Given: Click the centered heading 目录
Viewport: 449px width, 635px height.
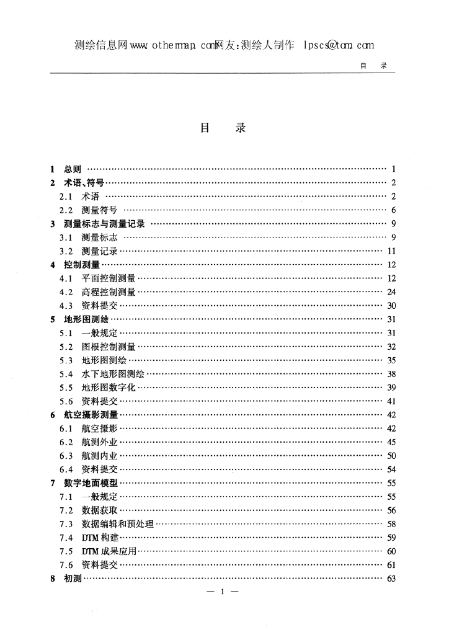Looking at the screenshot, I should [x=223, y=128].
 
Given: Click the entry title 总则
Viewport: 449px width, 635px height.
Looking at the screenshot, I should [x=73, y=169].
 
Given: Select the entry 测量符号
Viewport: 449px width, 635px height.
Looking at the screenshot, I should [x=99, y=210].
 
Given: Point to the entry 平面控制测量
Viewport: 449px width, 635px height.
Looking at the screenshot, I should [x=109, y=278].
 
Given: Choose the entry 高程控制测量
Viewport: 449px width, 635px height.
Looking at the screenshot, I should [x=109, y=291].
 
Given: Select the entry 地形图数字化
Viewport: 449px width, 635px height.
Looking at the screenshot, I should [x=109, y=388].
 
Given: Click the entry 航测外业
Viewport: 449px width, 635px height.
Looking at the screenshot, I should [x=99, y=442].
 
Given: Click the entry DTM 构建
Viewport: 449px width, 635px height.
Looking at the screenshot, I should [x=99, y=538].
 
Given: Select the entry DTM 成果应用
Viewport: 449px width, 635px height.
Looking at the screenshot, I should [x=109, y=551].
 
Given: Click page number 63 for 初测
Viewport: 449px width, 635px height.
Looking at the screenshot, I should [x=391, y=579].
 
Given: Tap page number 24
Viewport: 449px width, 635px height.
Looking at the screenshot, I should [x=391, y=291].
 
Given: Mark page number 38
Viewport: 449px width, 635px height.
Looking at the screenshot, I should [x=391, y=374].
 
